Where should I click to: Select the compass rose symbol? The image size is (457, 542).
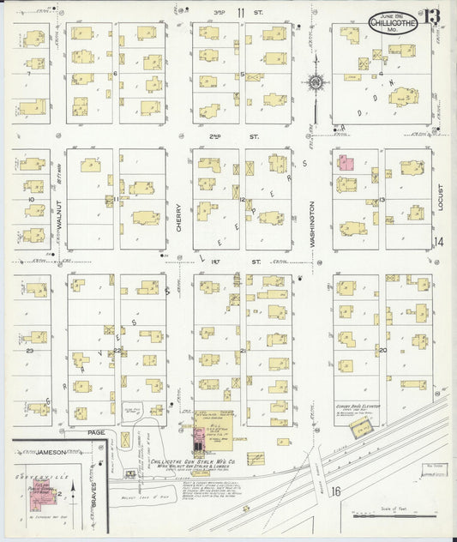point(316,82)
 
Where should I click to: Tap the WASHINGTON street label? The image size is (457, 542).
point(313,225)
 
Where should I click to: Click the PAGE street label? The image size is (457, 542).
point(96,432)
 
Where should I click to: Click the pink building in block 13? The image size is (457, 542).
point(345,161)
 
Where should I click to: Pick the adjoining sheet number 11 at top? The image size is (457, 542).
point(241,11)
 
